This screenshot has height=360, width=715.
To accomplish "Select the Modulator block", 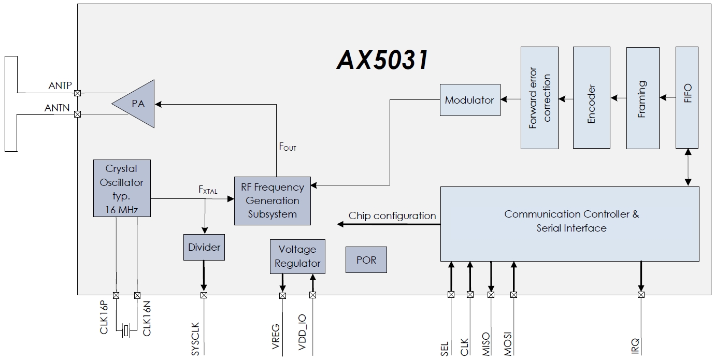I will click(470, 100).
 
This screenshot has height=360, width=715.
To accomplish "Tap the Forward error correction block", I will click(539, 98).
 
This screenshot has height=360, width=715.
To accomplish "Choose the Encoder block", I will click(591, 98).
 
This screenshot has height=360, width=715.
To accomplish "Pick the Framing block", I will click(642, 98).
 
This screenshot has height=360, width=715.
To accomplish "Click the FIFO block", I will click(687, 98).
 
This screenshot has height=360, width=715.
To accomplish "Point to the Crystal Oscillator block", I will click(122, 188).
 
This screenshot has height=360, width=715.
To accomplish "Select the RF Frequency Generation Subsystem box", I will click(273, 201).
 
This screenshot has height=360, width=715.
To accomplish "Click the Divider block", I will click(204, 248).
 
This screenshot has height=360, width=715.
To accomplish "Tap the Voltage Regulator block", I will click(297, 256).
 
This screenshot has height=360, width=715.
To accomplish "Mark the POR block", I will click(366, 260).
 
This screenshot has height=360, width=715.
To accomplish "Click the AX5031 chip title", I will click(383, 61).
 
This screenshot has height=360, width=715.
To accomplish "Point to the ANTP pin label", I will click(60, 86).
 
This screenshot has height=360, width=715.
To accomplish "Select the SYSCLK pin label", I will click(195, 339).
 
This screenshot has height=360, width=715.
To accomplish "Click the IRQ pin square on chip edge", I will click(641, 295).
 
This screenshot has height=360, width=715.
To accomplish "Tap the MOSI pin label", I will click(508, 342).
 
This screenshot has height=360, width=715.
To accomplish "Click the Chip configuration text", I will click(392, 216).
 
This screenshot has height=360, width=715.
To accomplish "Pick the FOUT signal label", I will click(288, 147).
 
